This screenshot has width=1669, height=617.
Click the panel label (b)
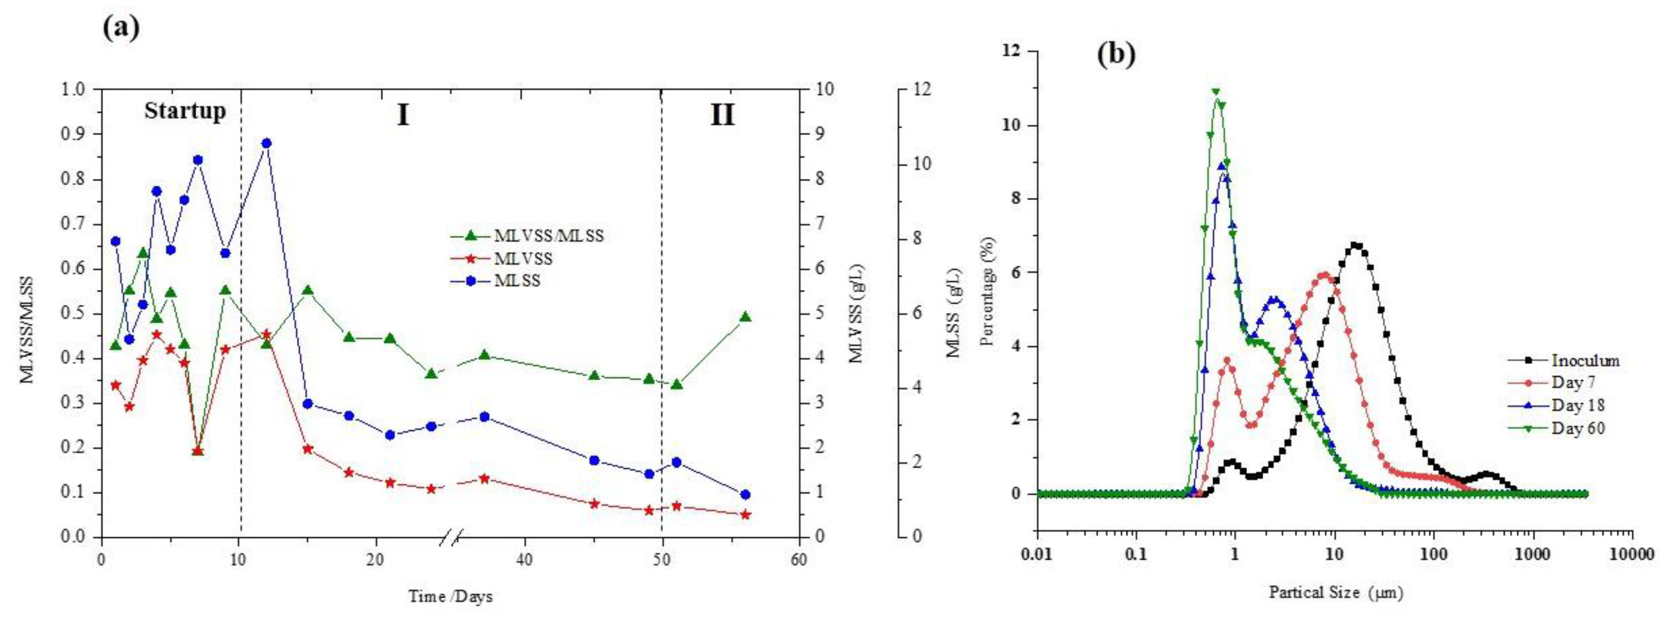click(1116, 55)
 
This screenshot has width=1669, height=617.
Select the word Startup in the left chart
click(185, 112)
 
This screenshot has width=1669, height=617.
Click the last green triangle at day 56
click(745, 317)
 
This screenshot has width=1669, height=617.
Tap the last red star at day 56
click(745, 515)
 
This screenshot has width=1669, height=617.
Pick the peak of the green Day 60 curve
click(1216, 91)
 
